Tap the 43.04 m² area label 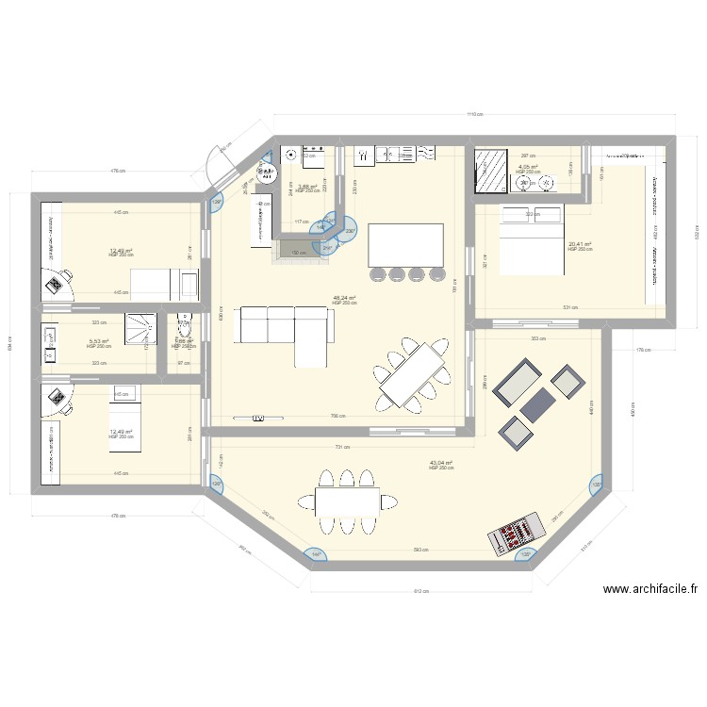tap(441, 463)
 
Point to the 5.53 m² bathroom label tap(99, 341)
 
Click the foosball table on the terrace tap(515, 534)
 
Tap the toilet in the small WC tap(184, 322)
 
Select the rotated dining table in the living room tap(413, 372)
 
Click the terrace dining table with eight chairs tap(348, 500)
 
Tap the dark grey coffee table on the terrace tap(535, 405)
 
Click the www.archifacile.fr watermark tap(650, 589)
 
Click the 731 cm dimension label tap(341, 448)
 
